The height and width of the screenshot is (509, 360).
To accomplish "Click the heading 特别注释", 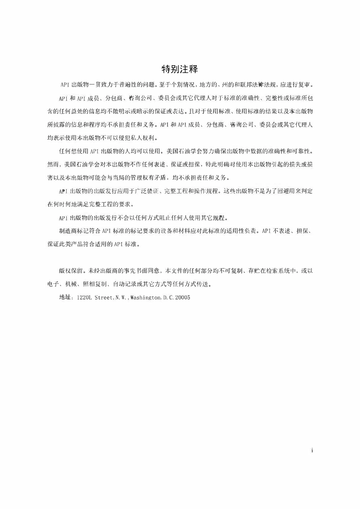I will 180,69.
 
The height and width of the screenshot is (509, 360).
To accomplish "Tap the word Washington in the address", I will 146,298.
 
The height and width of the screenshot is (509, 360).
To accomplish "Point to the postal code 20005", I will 183,298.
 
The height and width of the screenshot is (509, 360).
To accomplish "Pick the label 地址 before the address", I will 65,298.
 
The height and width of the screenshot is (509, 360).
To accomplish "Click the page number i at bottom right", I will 312,451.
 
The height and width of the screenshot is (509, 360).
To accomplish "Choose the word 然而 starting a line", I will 53,164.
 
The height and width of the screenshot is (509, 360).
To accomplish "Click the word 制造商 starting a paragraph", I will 67,231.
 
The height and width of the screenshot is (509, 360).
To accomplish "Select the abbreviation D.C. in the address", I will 168,298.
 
